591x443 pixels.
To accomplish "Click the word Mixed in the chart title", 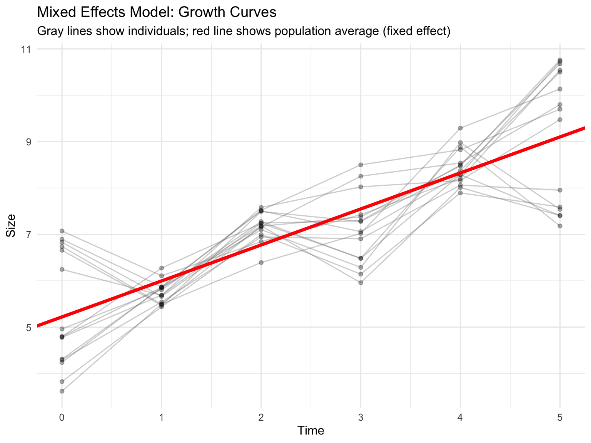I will click(x=53, y=12).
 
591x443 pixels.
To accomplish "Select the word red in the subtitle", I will click(x=200, y=31).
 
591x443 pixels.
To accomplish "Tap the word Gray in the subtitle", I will click(x=49, y=31).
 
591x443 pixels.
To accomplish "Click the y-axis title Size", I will click(x=12, y=225).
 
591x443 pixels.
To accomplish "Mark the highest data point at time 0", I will click(x=62, y=231).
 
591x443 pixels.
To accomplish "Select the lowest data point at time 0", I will click(x=62, y=391).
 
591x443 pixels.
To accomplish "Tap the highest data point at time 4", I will click(x=460, y=128).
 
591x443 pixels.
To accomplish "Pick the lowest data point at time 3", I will click(x=361, y=283).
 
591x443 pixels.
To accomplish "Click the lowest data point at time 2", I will click(x=261, y=262).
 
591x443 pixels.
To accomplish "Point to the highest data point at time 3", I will click(x=361, y=165).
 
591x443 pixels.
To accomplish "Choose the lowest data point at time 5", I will click(x=560, y=226).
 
